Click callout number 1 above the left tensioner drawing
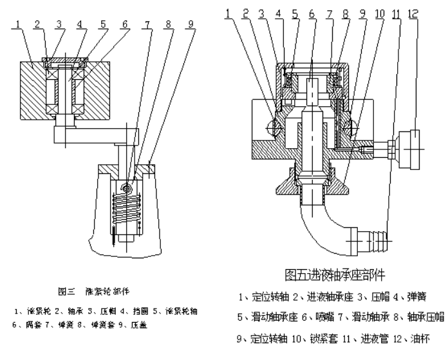[x=21, y=24]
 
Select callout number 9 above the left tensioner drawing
[x=191, y=24]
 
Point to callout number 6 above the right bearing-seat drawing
[x=311, y=12]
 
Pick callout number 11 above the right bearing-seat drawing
[x=394, y=12]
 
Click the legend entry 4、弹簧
[x=411, y=298]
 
